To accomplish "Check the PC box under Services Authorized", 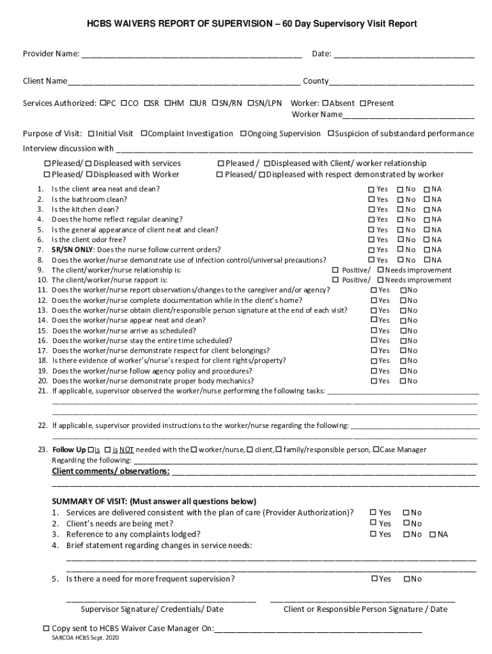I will [103, 103].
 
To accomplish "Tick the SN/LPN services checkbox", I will [251, 103].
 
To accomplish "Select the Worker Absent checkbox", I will [325, 103].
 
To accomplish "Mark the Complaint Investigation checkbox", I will [144, 133].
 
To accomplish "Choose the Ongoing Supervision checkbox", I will [243, 133].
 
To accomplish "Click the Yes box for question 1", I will [371, 190].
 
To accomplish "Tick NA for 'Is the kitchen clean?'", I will [426, 209].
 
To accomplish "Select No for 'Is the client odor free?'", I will [400, 240].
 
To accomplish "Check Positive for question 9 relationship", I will [335, 270].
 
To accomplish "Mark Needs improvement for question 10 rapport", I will [380, 280].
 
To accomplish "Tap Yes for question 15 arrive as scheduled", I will [374, 331].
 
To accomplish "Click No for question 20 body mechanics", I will [403, 381].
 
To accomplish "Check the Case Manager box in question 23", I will [376, 450].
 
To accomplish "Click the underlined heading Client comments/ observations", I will [111, 471].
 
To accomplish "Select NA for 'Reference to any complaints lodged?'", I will [433, 535].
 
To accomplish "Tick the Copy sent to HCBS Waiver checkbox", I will [46, 628].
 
